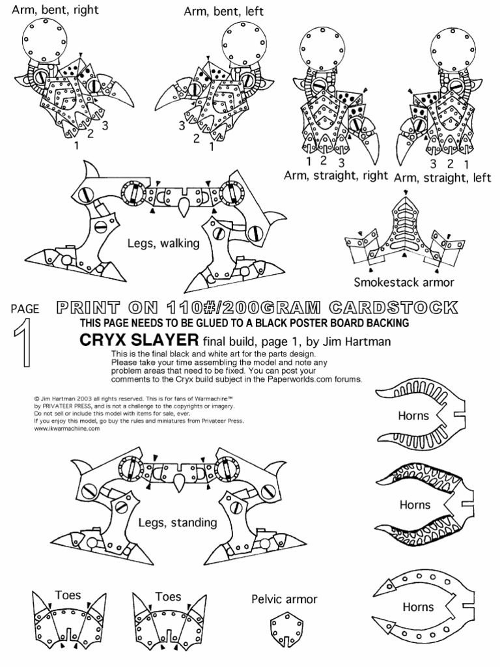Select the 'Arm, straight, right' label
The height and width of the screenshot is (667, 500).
pyautogui.click(x=336, y=176)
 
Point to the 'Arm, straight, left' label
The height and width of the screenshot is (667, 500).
pyautogui.click(x=442, y=177)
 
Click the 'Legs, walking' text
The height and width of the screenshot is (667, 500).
pyautogui.click(x=163, y=243)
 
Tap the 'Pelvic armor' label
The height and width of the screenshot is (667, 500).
pyautogui.click(x=285, y=599)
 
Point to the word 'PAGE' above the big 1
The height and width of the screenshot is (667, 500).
pyautogui.click(x=25, y=309)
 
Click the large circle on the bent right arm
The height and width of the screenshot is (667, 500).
pyautogui.click(x=42, y=40)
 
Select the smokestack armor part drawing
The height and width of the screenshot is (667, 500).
pyautogui.click(x=405, y=233)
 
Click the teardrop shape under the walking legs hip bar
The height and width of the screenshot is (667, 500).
pyautogui.click(x=184, y=208)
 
